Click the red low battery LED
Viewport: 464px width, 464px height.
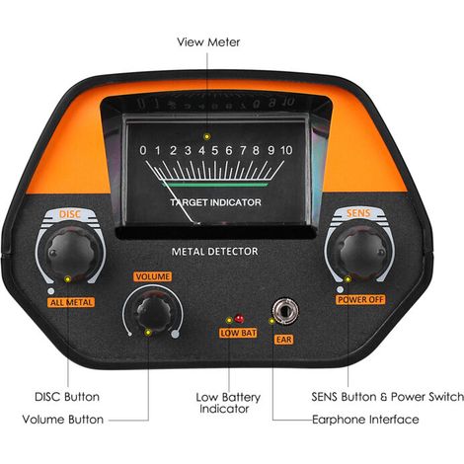239,319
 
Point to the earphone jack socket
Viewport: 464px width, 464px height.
285,310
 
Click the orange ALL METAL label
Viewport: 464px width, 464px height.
71,302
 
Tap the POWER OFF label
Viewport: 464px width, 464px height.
360,300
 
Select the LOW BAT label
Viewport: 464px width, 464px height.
238,333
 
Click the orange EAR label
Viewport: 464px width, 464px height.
283,340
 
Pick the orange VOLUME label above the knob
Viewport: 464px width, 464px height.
153,276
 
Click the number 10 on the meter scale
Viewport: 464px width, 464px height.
286,150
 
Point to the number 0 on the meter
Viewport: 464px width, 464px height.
143,150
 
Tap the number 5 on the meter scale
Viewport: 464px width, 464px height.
214,150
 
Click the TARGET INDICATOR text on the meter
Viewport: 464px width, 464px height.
215,202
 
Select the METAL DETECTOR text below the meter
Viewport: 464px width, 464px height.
214,252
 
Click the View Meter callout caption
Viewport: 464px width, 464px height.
208,42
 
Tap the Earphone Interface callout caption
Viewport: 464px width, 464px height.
365,420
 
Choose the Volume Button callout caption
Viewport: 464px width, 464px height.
63,420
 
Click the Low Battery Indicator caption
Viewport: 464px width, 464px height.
228,403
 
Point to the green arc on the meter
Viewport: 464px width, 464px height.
215,185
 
